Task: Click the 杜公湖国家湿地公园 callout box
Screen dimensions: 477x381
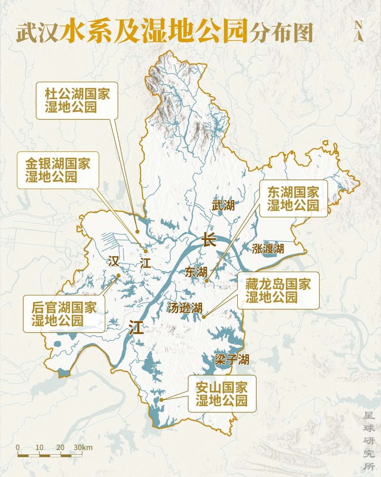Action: (77, 101)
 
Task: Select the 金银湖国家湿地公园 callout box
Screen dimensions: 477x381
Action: (57, 170)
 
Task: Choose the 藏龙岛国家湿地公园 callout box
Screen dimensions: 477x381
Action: (278, 290)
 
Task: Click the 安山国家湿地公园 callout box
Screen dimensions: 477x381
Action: (222, 394)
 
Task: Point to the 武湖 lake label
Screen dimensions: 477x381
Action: (223, 205)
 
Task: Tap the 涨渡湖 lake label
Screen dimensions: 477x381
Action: (268, 249)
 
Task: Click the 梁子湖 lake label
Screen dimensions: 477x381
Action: (232, 360)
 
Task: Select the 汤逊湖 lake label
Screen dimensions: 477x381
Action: (185, 308)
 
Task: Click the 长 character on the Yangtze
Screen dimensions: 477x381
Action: (209, 239)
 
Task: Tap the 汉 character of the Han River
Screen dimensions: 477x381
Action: (114, 262)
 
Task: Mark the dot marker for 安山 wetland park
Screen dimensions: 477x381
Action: (161, 400)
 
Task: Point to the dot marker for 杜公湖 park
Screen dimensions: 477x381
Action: (137, 231)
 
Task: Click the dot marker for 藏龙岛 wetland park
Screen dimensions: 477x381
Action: (204, 317)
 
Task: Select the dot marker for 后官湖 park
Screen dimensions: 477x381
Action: (118, 276)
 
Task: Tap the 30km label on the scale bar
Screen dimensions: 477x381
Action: (83, 447)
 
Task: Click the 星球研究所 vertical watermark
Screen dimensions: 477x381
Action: (369, 441)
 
